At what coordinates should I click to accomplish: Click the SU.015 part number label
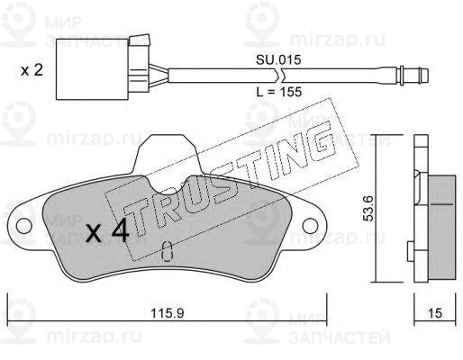(x=278, y=60)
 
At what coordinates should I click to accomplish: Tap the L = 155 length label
(x=279, y=92)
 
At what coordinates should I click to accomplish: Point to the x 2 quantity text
(x=32, y=70)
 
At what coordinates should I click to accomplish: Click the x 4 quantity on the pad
(x=107, y=230)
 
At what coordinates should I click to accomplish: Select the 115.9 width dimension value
(x=167, y=313)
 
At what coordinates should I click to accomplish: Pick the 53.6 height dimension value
(x=368, y=208)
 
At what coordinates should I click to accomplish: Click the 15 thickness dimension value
(x=435, y=313)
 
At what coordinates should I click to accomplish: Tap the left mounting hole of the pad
(x=24, y=226)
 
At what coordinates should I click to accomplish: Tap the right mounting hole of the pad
(x=311, y=226)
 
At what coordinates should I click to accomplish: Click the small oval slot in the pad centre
(x=167, y=251)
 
